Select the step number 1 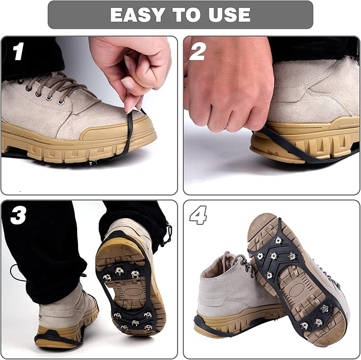(x=19, y=52)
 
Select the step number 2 (x=197, y=52)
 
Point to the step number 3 (x=18, y=215)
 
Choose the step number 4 (x=198, y=215)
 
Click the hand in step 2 (x=223, y=85)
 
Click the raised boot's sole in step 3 (x=130, y=287)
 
